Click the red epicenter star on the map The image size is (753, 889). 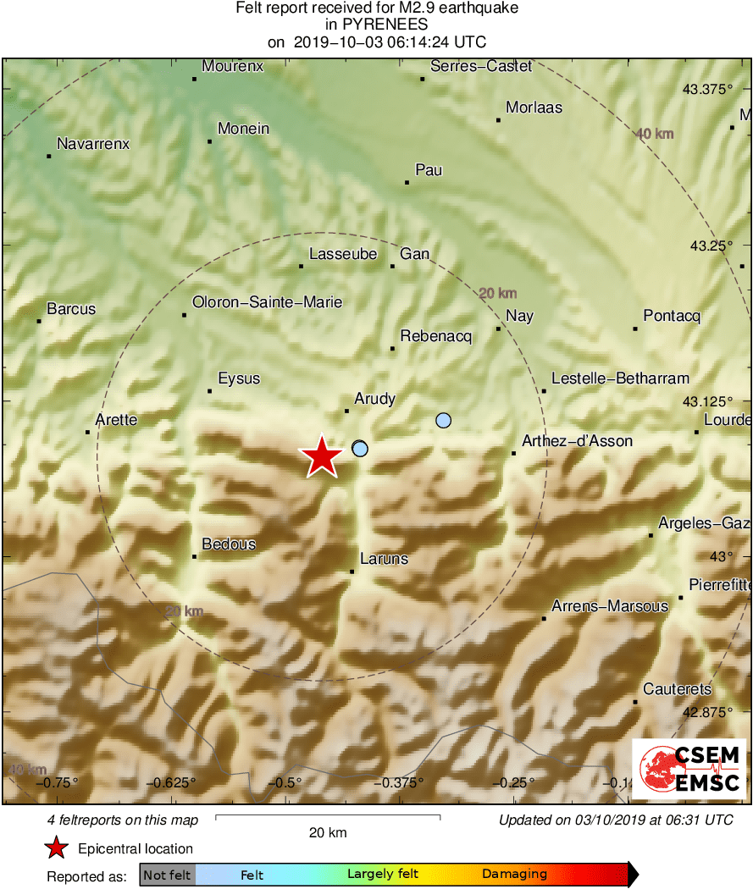point(322,457)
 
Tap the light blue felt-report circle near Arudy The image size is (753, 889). point(360,448)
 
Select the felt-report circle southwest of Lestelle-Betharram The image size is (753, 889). point(443,420)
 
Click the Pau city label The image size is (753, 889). point(429,170)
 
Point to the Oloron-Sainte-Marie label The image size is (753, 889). point(267,301)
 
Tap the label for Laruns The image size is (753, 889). point(384,558)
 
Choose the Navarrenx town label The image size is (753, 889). point(92,144)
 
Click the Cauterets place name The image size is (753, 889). point(677,689)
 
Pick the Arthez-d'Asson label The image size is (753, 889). point(577,441)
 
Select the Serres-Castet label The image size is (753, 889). point(481,66)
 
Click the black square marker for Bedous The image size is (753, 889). point(195,556)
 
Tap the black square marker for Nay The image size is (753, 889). point(498,329)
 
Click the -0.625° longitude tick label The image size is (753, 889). point(174,781)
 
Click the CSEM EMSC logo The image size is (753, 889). point(689,769)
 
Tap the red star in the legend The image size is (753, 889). point(57,848)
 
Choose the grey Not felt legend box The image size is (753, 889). point(167,875)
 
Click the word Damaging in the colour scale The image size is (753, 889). point(514,875)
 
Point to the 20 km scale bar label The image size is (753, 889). point(327,832)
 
